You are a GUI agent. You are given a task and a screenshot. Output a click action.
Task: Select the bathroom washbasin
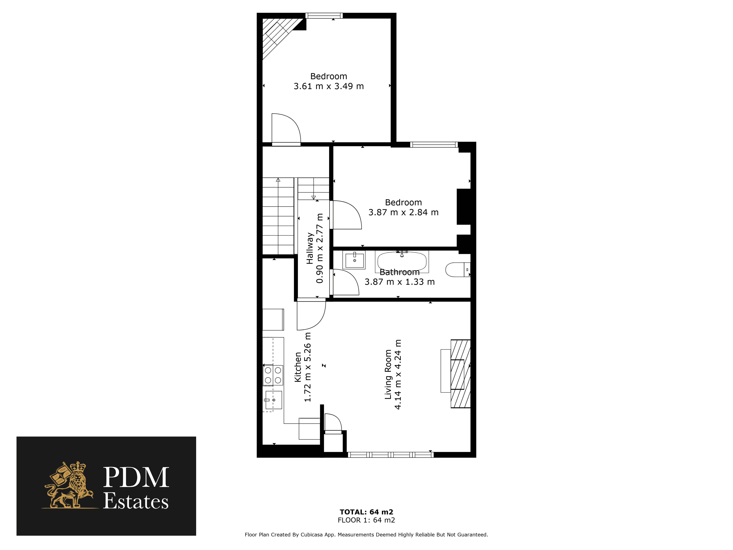coord(354,260)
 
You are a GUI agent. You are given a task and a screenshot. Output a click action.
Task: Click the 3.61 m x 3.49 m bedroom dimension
coord(329,86)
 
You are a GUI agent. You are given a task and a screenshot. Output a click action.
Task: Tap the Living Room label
coord(388,374)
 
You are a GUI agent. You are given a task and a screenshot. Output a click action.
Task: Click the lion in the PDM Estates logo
coord(70,485)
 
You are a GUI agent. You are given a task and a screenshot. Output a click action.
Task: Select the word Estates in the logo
coord(136,501)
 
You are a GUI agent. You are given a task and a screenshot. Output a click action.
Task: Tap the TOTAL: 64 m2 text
coord(366,512)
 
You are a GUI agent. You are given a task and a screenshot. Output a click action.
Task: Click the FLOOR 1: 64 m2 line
coord(366,520)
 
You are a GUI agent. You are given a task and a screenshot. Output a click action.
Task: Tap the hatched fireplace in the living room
coord(460,374)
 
